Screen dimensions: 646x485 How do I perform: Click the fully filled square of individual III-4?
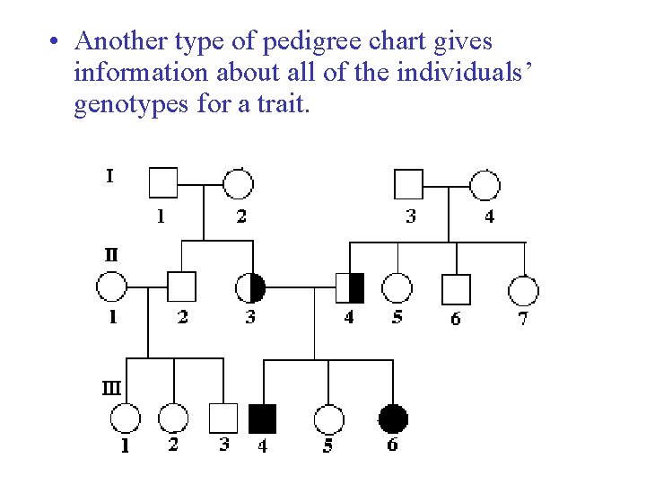(262, 419)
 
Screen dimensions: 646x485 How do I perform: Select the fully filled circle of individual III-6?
(393, 419)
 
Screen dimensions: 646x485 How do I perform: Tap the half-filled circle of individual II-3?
(250, 287)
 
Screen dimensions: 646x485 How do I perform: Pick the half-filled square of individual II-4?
(350, 287)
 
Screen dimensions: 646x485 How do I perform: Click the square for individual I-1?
(162, 183)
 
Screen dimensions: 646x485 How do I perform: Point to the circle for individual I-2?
(238, 183)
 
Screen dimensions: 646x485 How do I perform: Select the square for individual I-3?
(408, 183)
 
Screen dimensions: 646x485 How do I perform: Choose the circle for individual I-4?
(485, 183)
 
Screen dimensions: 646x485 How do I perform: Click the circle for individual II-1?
(111, 287)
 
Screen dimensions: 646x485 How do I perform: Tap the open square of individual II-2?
(182, 287)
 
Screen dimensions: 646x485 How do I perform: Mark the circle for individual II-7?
(523, 290)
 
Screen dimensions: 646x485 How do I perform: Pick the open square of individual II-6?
(456, 288)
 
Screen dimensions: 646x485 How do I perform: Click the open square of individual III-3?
(223, 419)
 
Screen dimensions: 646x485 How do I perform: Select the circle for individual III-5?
(328, 419)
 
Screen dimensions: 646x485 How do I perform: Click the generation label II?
(109, 255)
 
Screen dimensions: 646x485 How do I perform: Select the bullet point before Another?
(56, 43)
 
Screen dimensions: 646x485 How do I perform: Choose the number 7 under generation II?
(523, 318)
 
